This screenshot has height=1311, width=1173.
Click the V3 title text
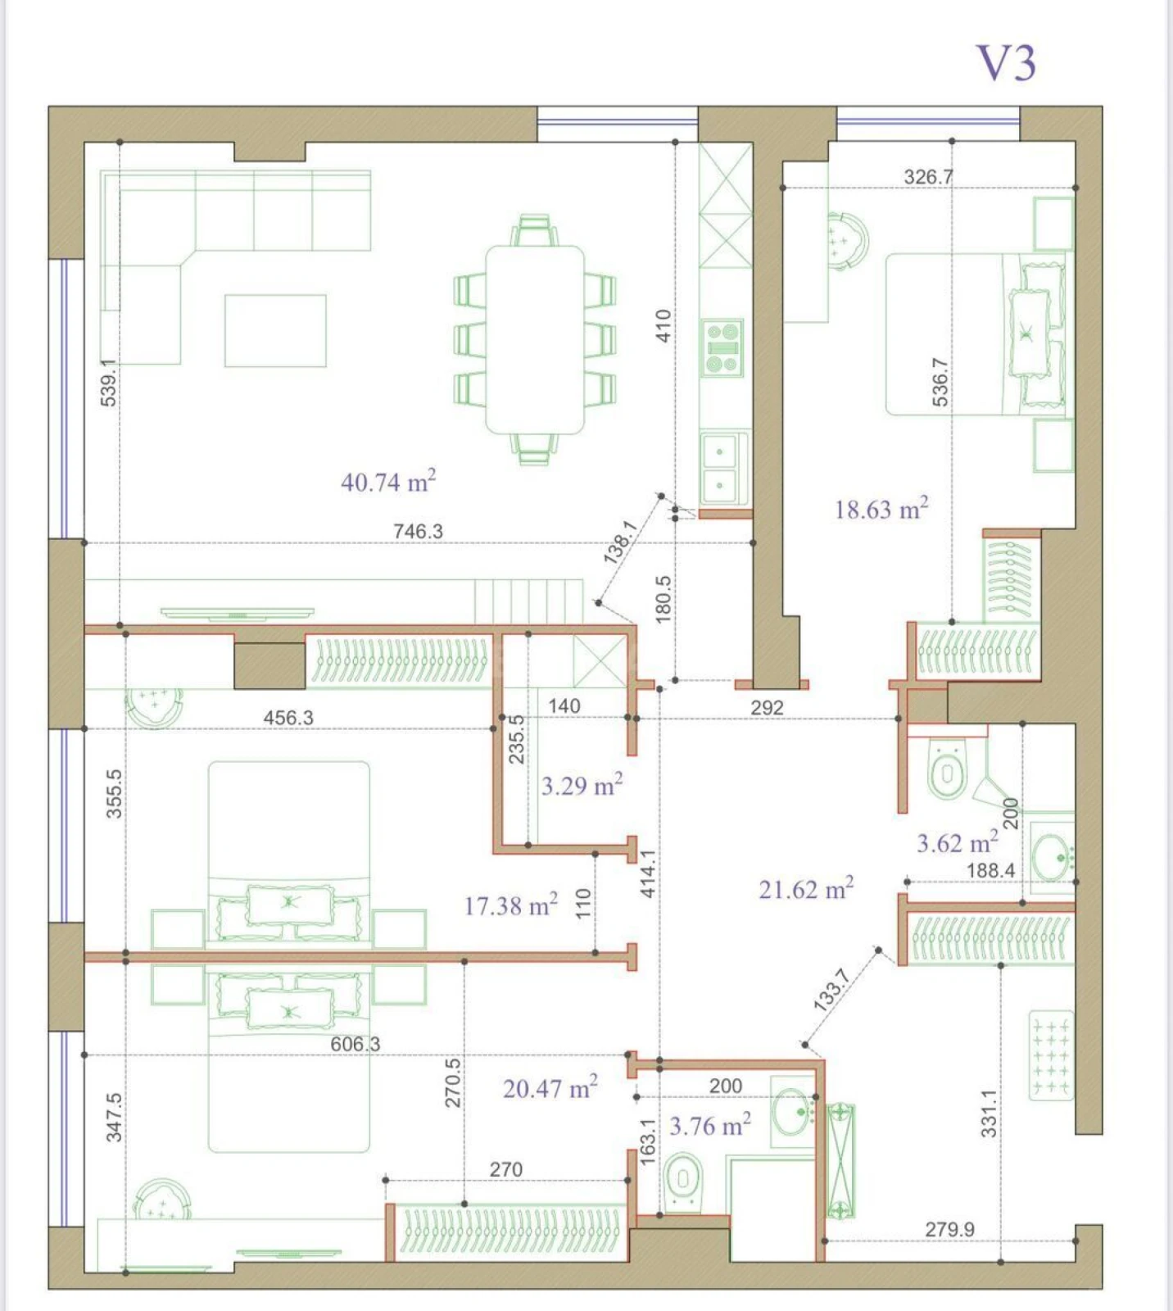coord(1006,63)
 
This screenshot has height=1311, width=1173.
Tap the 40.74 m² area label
coord(387,481)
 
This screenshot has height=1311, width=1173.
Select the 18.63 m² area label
coord(881,509)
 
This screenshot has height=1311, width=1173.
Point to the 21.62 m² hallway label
coord(805,889)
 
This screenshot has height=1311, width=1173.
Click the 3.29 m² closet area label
coord(581,786)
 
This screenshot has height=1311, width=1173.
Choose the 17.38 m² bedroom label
coord(510,905)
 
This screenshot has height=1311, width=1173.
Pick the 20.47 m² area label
coord(550,1088)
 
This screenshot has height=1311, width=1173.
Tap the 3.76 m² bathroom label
coord(709,1126)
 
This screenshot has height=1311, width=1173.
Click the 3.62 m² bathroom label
coord(956,842)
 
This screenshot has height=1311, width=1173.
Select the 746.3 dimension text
coord(418,531)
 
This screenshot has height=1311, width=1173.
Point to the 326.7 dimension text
coord(927,176)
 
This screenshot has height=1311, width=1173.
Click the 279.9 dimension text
coord(949,1229)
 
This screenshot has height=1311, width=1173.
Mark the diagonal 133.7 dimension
coord(832,989)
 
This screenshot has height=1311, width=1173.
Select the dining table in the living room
coord(535,339)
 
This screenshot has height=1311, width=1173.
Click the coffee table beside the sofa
coord(275,331)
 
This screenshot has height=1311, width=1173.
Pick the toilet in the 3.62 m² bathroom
coord(946,770)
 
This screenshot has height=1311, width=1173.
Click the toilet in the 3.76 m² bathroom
coord(682,1180)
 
